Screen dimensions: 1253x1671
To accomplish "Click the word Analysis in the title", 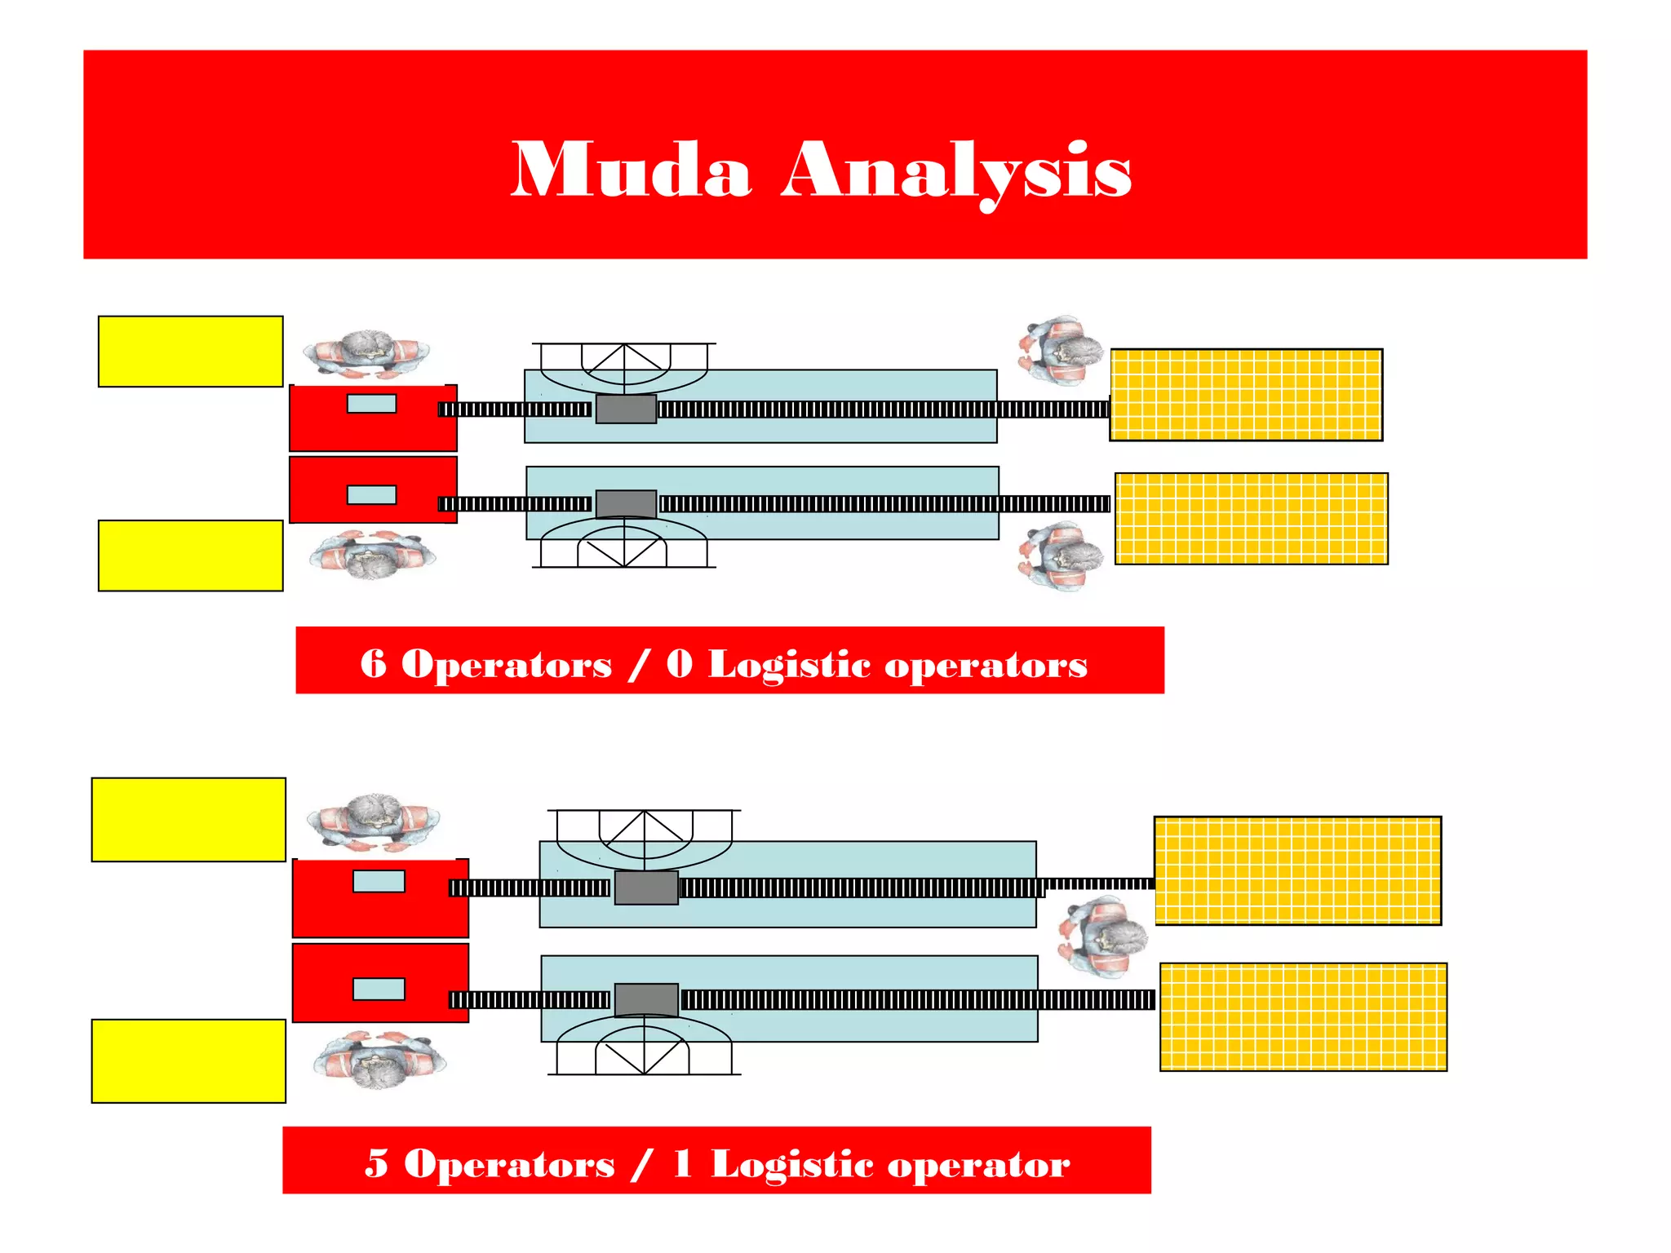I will tap(955, 171).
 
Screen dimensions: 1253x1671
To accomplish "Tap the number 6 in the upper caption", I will tap(373, 662).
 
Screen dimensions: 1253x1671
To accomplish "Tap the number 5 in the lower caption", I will tap(376, 1162).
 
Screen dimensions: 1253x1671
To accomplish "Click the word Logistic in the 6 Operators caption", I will tap(789, 664).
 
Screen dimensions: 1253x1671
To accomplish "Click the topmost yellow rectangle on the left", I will tap(190, 352).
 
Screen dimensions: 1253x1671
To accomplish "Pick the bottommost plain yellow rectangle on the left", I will tap(188, 1060).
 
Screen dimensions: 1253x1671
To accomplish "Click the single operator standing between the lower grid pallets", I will tap(1101, 936).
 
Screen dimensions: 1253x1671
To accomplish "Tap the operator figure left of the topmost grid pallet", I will tap(1060, 351).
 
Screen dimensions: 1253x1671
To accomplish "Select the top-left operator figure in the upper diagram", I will tap(366, 354).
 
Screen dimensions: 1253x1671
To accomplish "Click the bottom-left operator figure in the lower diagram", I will tap(379, 1060).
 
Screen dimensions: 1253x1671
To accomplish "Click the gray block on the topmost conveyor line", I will tap(626, 409).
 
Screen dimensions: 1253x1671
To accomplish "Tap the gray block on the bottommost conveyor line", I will tap(646, 999).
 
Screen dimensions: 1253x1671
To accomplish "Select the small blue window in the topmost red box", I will tap(371, 404).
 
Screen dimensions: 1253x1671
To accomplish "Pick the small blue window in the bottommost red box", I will tap(379, 989).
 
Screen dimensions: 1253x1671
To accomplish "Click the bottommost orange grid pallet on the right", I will tap(1303, 1016).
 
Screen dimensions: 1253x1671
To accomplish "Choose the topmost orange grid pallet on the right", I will tap(1246, 395).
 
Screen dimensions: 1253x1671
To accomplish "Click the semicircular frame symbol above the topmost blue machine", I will tap(624, 364).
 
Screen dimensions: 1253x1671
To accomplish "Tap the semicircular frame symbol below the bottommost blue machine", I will tap(644, 1048).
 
